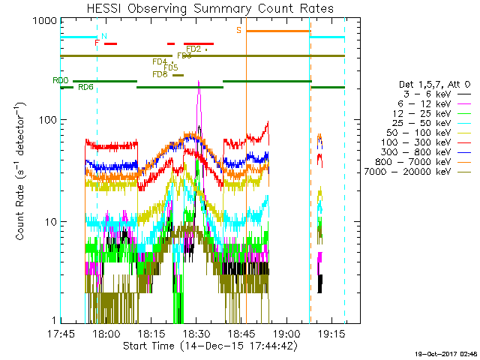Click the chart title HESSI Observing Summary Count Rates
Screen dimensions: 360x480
[210, 9]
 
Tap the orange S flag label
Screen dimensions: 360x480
[239, 30]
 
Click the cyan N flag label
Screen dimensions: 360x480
[103, 36]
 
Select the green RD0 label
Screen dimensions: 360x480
[61, 80]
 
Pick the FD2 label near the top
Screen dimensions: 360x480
[193, 49]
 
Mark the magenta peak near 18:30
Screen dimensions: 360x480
[199, 82]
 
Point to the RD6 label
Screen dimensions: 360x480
[85, 88]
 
